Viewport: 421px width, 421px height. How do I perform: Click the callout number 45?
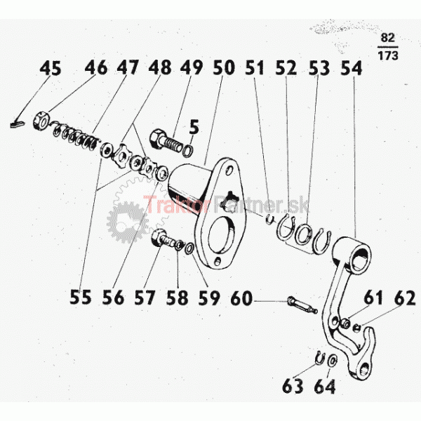51,68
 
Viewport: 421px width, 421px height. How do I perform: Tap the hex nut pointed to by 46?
41,120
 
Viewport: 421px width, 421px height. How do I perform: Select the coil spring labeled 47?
74,135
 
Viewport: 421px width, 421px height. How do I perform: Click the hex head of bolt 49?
155,138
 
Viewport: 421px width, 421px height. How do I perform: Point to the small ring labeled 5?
187,151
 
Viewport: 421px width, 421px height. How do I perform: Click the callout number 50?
224,68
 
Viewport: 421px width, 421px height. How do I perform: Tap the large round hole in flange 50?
222,234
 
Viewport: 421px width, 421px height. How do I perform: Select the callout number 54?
352,68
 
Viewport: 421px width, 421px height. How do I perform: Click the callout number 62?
405,298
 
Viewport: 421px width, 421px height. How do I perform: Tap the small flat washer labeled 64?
333,361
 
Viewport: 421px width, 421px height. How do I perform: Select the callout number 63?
293,387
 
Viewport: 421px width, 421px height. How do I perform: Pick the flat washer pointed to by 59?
189,248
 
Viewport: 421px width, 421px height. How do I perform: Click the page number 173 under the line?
388,55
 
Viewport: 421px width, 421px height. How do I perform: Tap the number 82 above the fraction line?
388,38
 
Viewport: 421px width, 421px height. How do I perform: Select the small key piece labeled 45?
17,123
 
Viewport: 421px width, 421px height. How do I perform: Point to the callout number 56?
113,298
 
